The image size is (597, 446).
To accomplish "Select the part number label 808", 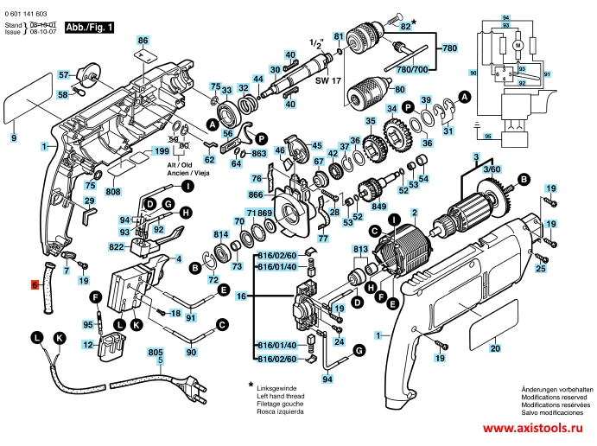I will [113, 190].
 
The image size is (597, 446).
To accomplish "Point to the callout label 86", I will [143, 41].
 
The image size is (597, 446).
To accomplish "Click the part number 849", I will [378, 207].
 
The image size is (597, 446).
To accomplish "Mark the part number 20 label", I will [495, 348].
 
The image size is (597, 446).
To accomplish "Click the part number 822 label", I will [117, 246].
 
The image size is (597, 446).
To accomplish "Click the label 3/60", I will [491, 172].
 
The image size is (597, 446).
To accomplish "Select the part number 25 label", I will [541, 270].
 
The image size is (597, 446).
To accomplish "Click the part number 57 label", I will [63, 75].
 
